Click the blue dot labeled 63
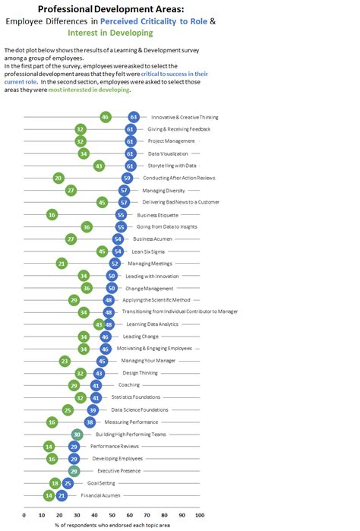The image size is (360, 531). (134, 117)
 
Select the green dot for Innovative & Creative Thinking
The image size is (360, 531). (105, 117)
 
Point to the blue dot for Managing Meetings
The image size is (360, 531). (115, 264)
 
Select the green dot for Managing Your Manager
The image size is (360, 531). (65, 362)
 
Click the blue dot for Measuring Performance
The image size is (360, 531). (90, 422)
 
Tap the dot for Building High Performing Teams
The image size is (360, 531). (77, 435)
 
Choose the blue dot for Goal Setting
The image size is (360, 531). (68, 483)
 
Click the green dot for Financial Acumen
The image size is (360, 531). (49, 495)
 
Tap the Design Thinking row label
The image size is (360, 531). (140, 374)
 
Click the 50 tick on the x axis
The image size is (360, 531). (112, 515)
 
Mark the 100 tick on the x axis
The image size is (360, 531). (200, 515)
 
